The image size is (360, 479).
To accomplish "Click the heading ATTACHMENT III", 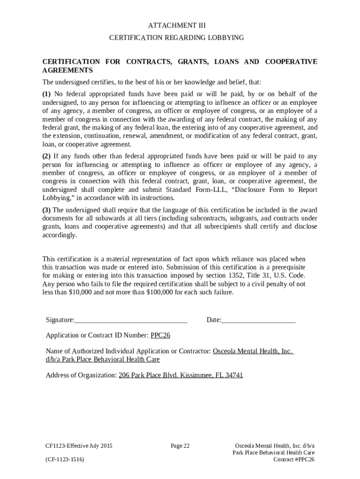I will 180,25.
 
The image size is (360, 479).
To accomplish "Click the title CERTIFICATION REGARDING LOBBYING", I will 180,37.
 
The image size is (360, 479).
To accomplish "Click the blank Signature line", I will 131,320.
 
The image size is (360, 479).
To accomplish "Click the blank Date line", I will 259,320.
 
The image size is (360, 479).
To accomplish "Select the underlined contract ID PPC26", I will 160,335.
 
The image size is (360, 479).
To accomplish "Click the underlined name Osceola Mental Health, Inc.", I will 253,351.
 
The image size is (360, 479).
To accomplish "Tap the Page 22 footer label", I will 180,446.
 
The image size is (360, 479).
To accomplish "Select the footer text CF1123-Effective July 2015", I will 79,446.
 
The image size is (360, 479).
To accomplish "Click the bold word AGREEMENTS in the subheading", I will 67,71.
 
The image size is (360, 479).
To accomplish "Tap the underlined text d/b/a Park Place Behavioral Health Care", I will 103,359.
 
